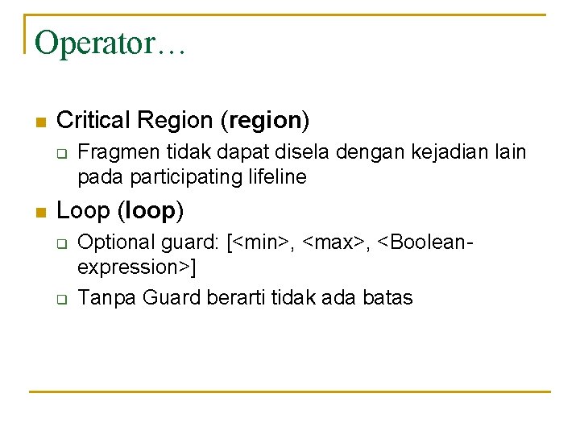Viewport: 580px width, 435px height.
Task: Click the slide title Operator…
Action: tap(110, 44)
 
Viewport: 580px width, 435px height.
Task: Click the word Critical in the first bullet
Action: tap(93, 120)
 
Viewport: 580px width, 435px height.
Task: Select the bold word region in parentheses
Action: tap(266, 122)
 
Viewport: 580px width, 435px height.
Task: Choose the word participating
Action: tap(186, 177)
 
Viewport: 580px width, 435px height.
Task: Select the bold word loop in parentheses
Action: tap(150, 212)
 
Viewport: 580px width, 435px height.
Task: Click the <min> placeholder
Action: tap(261, 243)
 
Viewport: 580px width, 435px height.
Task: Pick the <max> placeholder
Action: tap(333, 243)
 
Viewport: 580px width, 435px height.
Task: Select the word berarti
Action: tap(235, 297)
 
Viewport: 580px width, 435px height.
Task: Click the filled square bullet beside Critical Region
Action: tap(41, 122)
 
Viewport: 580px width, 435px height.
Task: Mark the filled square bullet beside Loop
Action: tap(41, 213)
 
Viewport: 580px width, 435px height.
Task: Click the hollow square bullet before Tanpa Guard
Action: tap(62, 299)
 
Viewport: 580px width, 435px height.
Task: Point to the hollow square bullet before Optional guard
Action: tap(62, 244)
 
